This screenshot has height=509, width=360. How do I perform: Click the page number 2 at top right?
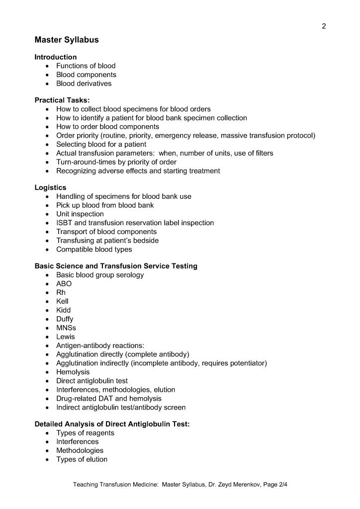coord(324,26)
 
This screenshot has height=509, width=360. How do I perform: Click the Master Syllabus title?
coord(67,40)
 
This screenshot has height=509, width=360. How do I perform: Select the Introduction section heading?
coord(56,57)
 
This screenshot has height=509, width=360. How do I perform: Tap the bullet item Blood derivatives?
coord(84,84)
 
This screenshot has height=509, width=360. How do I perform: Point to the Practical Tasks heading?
coord(62,100)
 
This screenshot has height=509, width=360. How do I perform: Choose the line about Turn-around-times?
coord(116,162)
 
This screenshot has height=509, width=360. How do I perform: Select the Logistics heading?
coord(50,187)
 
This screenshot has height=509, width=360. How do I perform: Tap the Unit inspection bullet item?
coord(80,214)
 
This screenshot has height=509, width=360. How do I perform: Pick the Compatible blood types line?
coord(94,250)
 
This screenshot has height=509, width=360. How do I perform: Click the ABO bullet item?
coord(64,284)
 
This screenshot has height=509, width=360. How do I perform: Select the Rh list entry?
coord(61,293)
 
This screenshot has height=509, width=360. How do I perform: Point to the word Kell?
coord(62,301)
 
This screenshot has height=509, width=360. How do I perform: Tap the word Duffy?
coord(65,319)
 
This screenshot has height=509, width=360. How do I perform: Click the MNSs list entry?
coord(66,328)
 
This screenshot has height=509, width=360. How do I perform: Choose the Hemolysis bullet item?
coord(73,372)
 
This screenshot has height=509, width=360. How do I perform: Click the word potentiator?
coord(248,363)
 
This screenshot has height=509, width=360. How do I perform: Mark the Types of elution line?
coord(82,459)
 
